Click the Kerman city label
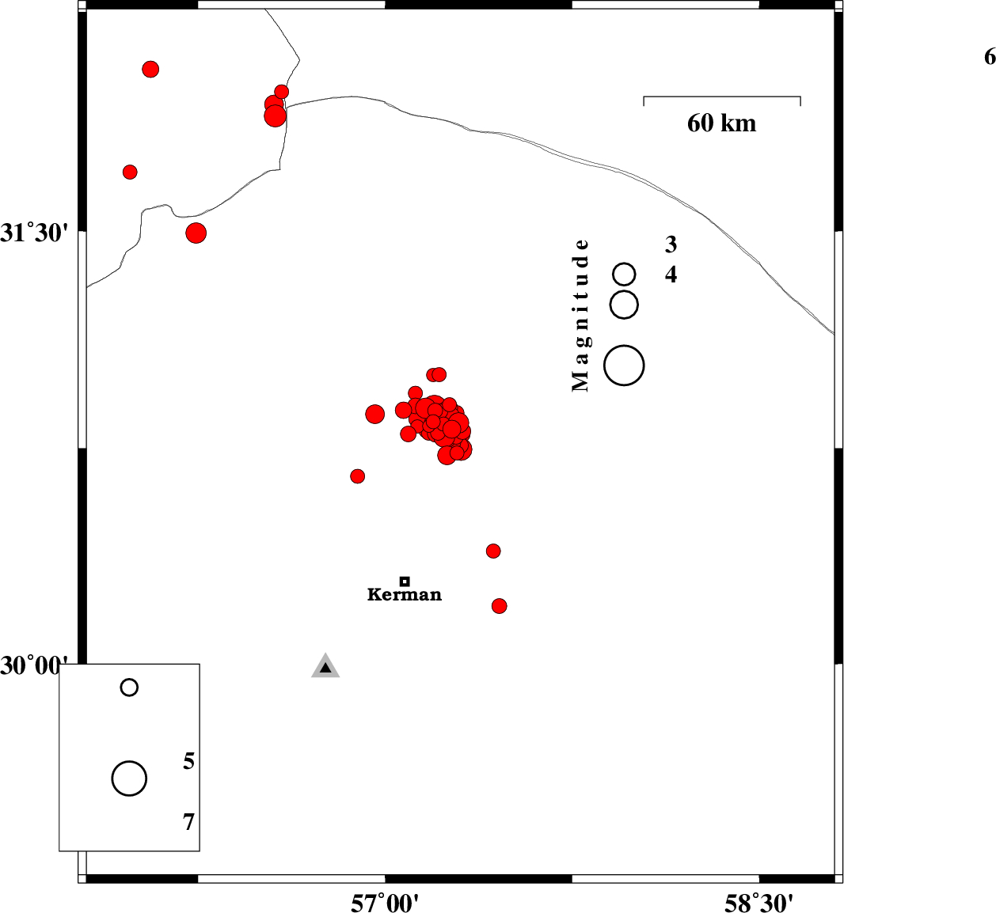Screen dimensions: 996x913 [404, 594]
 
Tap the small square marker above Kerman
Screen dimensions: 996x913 [405, 581]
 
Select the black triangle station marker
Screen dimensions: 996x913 [325, 668]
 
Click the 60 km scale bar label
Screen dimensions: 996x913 [721, 123]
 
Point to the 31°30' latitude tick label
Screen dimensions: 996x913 [34, 233]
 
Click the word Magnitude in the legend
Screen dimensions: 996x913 [580, 316]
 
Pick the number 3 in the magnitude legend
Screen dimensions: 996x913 [671, 244]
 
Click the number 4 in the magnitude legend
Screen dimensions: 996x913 [671, 275]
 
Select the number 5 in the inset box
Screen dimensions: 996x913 [188, 760]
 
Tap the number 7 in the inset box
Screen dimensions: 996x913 [188, 822]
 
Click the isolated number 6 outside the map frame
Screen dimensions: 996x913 [990, 57]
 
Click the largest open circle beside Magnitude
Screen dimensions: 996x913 [624, 366]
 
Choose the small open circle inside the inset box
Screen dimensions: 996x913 [129, 688]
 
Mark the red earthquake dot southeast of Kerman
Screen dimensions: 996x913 [499, 606]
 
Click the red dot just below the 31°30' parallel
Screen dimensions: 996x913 [196, 233]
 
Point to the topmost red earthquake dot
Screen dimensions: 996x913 [150, 69]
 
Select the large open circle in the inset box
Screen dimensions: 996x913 [129, 778]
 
